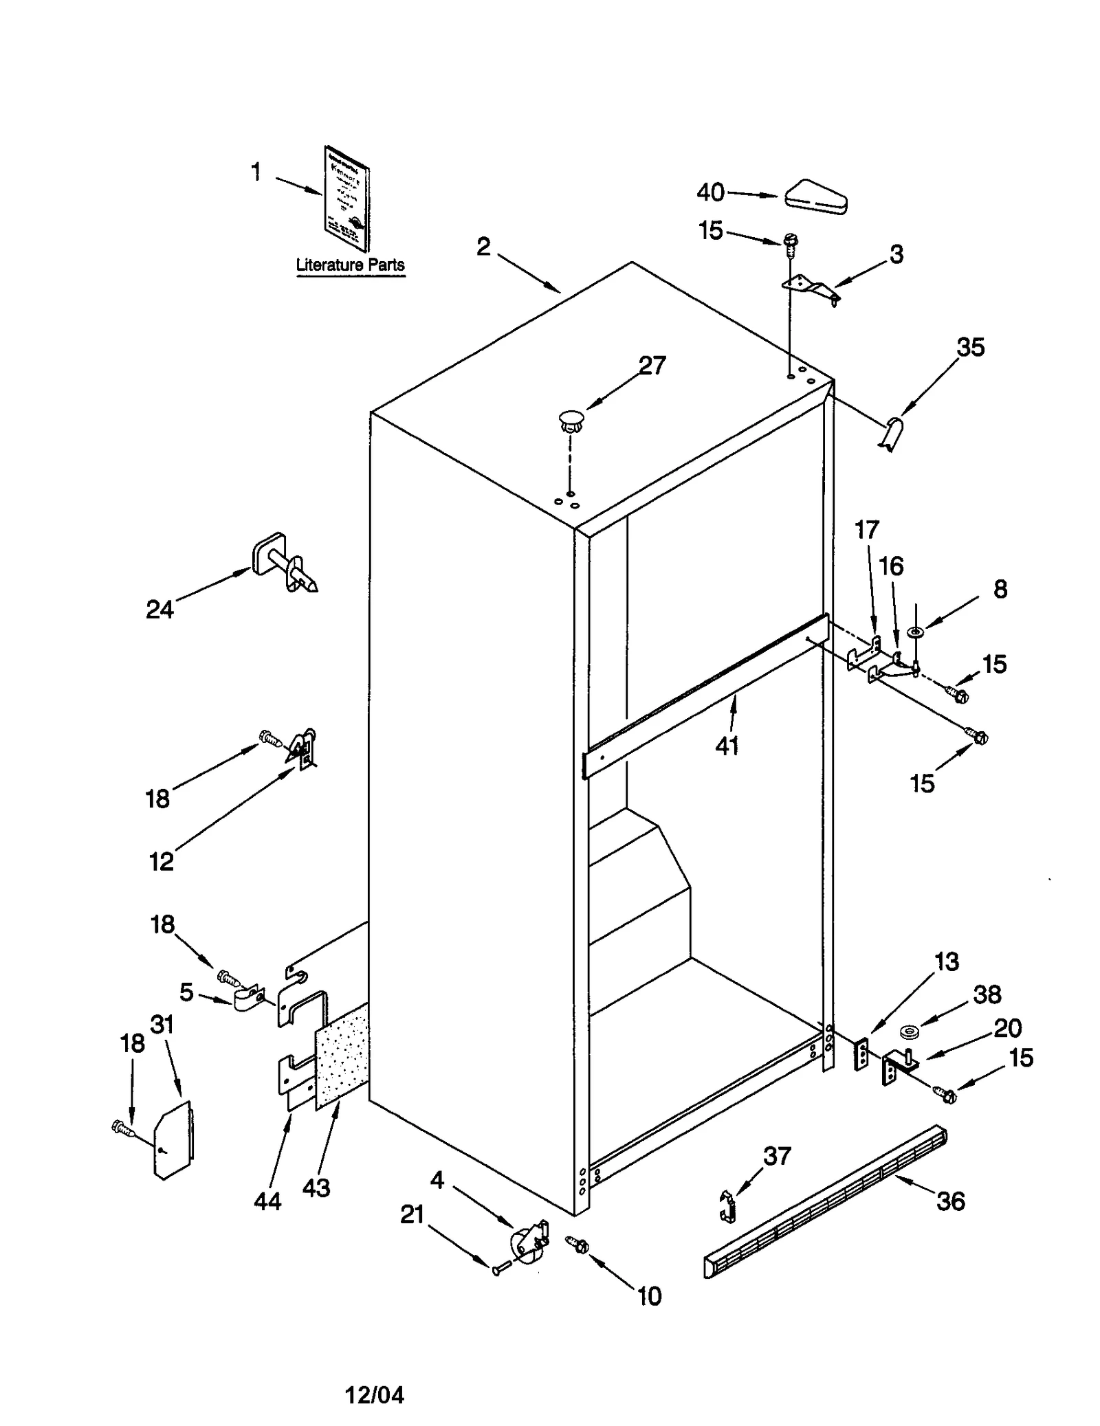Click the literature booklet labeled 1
coord(346,199)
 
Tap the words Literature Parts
coord(350,265)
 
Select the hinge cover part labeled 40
coord(816,197)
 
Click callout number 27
coord(652,366)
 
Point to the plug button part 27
coord(570,419)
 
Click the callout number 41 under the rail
coord(727,745)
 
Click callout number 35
coord(970,347)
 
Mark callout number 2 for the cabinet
coord(483,247)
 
